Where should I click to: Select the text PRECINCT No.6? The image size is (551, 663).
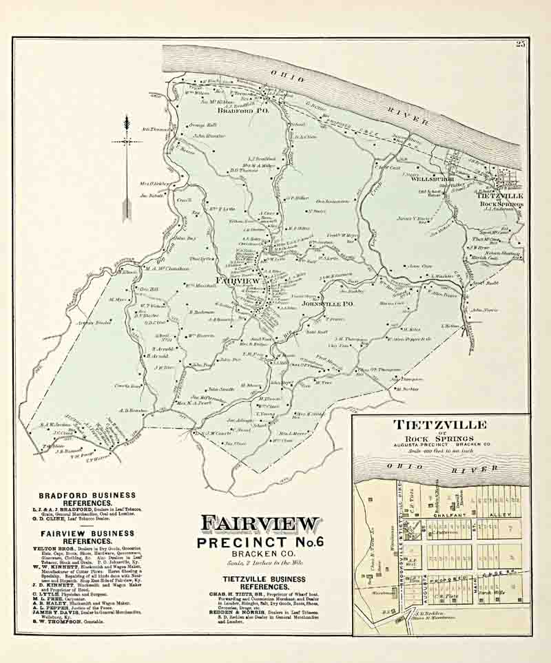pos(259,544)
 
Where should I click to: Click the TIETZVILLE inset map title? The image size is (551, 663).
pos(440,425)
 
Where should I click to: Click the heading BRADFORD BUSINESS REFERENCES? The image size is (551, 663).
pos(87,498)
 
